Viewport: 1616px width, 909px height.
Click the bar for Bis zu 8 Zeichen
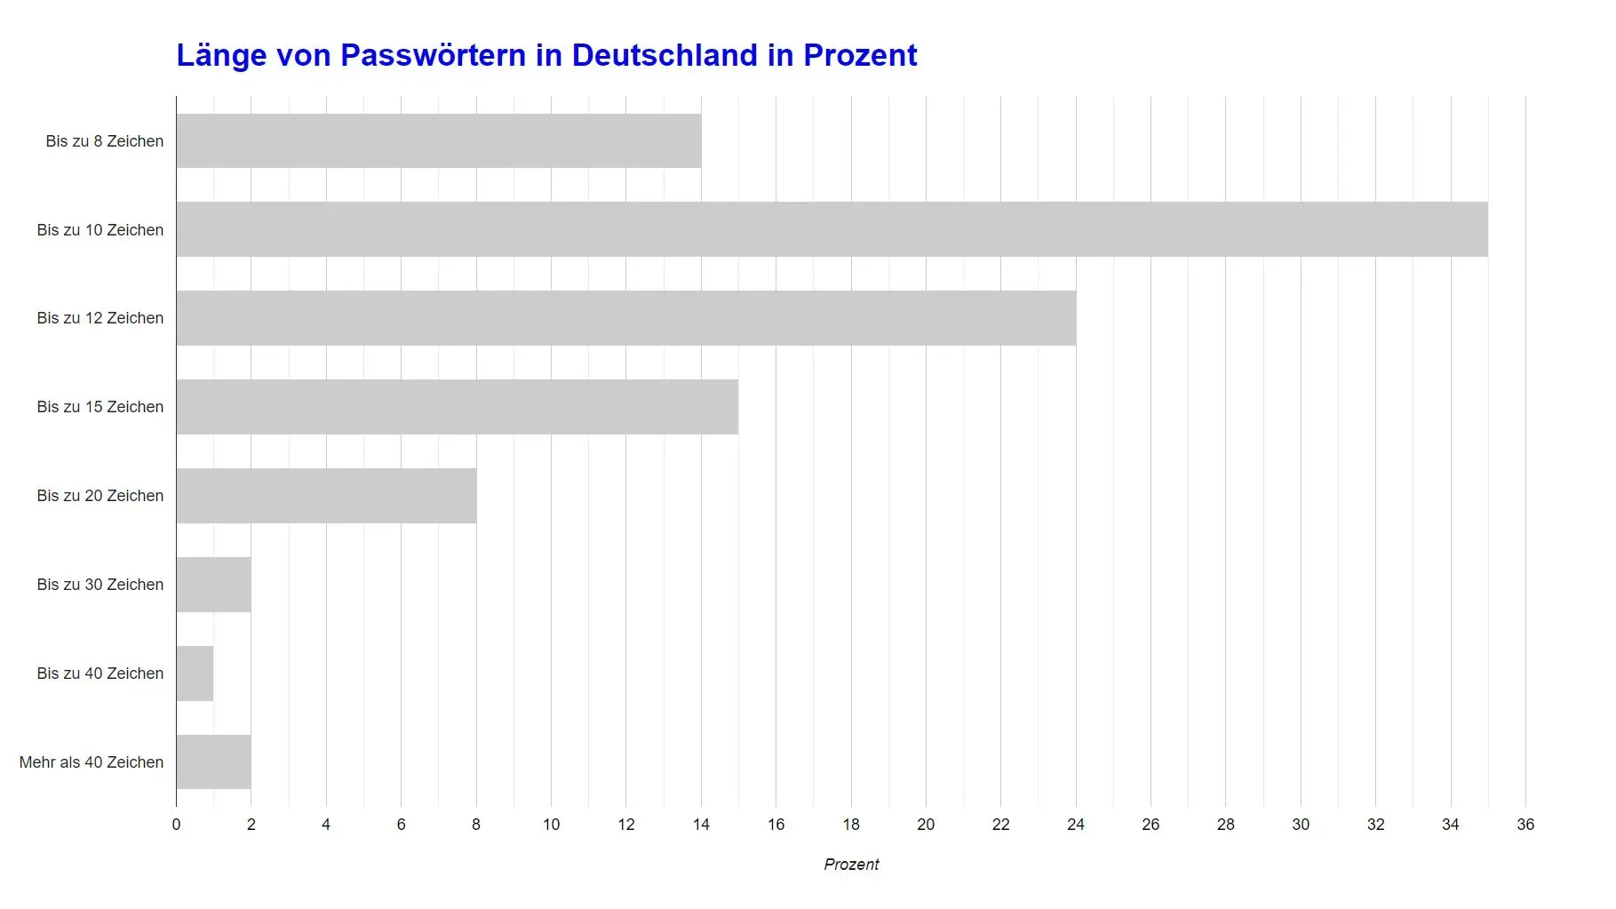pyautogui.click(x=438, y=140)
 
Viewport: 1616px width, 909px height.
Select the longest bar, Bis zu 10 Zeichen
pyautogui.click(x=832, y=229)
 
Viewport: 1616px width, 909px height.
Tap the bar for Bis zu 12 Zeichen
pyautogui.click(x=625, y=318)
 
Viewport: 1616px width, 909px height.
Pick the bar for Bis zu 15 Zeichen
pyautogui.click(x=457, y=407)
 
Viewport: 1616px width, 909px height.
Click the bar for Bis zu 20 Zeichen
pyautogui.click(x=326, y=496)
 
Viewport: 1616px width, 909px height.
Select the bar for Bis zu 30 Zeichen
pyautogui.click(x=213, y=585)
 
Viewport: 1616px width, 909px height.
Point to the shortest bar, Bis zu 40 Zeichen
pyautogui.click(x=195, y=674)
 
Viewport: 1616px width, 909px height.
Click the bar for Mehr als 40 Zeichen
pyautogui.click(x=213, y=762)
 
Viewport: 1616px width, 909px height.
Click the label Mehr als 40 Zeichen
pyautogui.click(x=92, y=762)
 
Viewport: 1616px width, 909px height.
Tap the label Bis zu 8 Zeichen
pyautogui.click(x=105, y=141)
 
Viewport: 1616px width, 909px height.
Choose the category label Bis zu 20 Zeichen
pyautogui.click(x=100, y=496)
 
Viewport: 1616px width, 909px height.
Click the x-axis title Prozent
pyautogui.click(x=851, y=865)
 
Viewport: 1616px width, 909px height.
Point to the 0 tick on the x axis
pyautogui.click(x=176, y=825)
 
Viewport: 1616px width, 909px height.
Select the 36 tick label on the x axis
pyautogui.click(x=1525, y=825)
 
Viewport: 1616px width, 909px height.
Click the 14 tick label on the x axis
pyautogui.click(x=701, y=825)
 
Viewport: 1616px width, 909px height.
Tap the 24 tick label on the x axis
pyautogui.click(x=1076, y=825)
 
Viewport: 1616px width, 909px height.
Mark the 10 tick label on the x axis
pyautogui.click(x=551, y=825)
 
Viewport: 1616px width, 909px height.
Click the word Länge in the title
pyautogui.click(x=221, y=55)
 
